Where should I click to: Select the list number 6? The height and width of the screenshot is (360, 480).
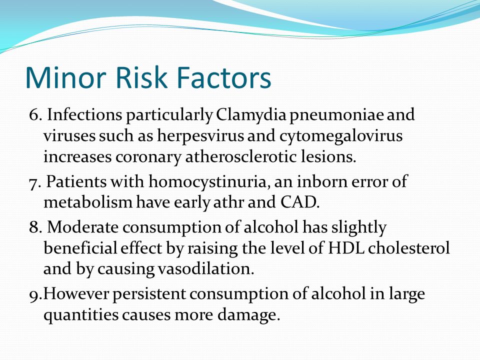(35, 115)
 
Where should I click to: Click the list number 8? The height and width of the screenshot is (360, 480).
(35, 227)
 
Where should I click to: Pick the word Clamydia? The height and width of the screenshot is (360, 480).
(251, 115)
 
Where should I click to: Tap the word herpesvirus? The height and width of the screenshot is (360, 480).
(201, 137)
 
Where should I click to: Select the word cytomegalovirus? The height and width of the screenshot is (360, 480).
(340, 137)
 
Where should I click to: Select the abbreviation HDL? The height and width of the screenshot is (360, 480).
(346, 248)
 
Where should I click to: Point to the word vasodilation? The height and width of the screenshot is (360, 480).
(206, 268)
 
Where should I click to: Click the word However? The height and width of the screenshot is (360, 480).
(76, 293)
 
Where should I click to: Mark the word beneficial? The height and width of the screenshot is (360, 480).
(80, 247)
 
